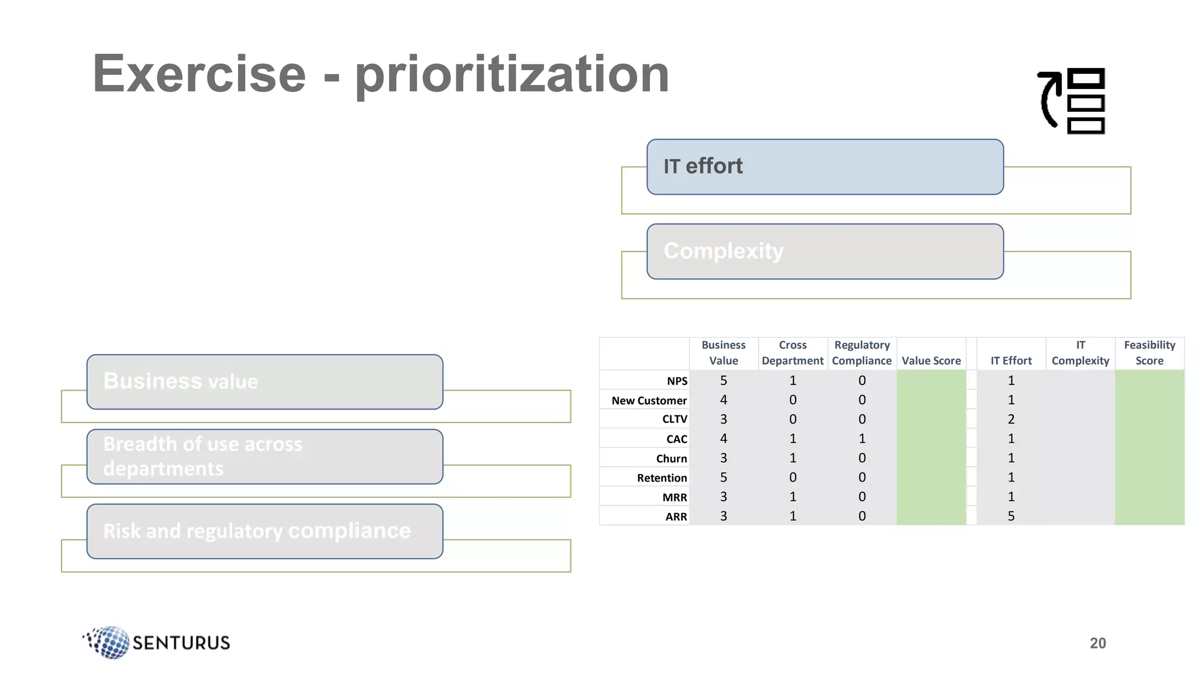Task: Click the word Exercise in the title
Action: click(199, 74)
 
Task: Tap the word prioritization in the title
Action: click(512, 75)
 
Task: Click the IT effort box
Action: click(825, 167)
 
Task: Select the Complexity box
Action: click(825, 252)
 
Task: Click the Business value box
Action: click(264, 381)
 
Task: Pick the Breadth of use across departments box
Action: click(264, 456)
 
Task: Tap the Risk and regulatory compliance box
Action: click(264, 531)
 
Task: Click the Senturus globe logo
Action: click(109, 642)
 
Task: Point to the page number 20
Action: click(1097, 643)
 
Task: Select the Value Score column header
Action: click(931, 360)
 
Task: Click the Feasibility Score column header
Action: click(1149, 353)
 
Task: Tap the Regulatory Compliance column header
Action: click(862, 353)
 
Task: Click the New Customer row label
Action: click(649, 400)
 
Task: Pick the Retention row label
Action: click(662, 477)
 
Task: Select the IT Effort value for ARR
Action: click(1011, 516)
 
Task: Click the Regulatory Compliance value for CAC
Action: click(862, 438)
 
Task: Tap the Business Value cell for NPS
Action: click(724, 380)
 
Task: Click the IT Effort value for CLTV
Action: click(1011, 419)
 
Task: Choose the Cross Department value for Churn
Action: click(793, 458)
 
